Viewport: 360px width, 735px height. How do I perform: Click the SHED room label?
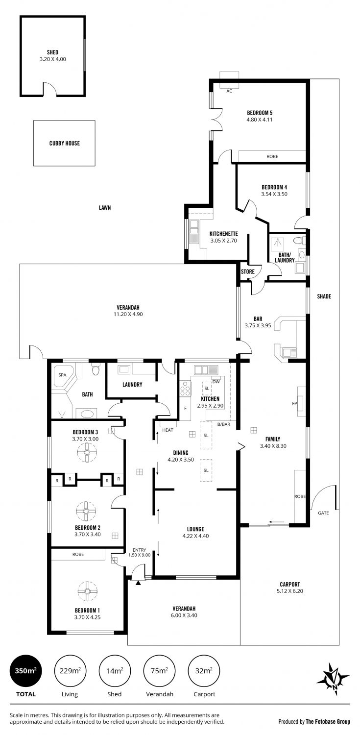(x=52, y=52)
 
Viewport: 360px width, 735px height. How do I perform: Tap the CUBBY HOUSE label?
(x=64, y=143)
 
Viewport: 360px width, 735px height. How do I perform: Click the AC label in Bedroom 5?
(x=229, y=91)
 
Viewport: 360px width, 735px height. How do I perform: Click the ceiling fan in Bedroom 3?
(x=87, y=452)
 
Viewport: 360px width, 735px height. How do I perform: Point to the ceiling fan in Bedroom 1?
(x=88, y=590)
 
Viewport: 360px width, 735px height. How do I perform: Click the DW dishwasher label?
(x=216, y=382)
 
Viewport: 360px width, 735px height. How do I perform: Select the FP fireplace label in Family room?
(x=294, y=403)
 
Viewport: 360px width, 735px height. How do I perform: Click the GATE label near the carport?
(x=323, y=513)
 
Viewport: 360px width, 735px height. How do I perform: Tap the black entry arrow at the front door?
(x=138, y=583)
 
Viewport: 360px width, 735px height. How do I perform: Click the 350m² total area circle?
(x=26, y=671)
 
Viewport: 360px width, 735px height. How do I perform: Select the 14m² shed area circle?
(x=115, y=671)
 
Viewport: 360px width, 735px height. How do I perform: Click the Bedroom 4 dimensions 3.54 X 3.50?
(x=274, y=194)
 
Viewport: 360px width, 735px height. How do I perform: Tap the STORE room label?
(x=247, y=271)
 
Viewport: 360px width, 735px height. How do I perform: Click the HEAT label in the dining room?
(x=168, y=430)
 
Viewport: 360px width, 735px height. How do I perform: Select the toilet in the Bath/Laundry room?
(x=299, y=241)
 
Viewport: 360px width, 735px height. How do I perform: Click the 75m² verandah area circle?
(x=160, y=671)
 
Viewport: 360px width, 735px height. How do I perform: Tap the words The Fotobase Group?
(x=328, y=722)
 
